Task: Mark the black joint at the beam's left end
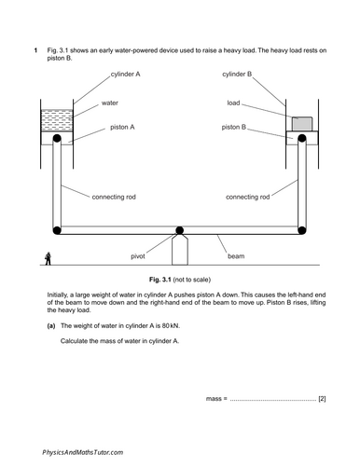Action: click(x=59, y=229)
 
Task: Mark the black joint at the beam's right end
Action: click(x=302, y=229)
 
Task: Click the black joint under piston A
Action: click(x=59, y=140)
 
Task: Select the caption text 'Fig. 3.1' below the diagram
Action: click(x=155, y=279)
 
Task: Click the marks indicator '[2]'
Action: click(x=322, y=399)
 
